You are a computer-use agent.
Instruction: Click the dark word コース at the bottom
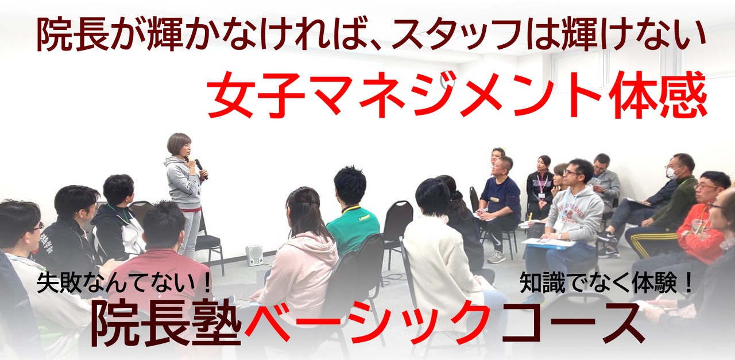click(x=572, y=323)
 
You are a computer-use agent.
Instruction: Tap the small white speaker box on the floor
click(x=254, y=255)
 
